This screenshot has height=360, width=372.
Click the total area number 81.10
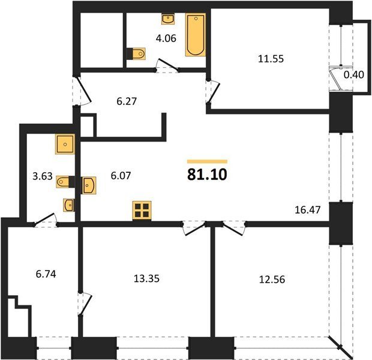(x=207, y=175)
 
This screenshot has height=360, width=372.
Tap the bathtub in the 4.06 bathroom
(x=196, y=35)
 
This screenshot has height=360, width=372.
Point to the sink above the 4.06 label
(x=168, y=19)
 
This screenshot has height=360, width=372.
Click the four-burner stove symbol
(x=142, y=211)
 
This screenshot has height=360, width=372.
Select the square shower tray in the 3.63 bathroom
(x=65, y=144)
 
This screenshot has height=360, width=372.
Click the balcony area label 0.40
(x=354, y=75)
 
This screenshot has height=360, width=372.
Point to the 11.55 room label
(x=271, y=59)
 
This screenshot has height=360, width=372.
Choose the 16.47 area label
(x=307, y=210)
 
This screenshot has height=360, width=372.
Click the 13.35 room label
(x=146, y=278)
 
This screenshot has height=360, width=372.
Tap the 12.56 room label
(x=272, y=280)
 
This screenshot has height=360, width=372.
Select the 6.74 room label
(x=46, y=274)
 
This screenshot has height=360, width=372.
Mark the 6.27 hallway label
(x=127, y=101)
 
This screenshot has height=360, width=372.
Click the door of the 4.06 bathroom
(x=167, y=65)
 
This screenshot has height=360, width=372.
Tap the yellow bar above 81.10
(x=207, y=161)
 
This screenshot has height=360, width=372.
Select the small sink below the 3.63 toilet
(x=68, y=205)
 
